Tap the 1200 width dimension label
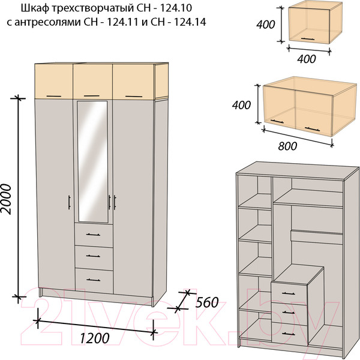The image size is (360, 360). click(x=94, y=338)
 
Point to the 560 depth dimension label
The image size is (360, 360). click(x=206, y=302)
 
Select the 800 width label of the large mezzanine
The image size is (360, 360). click(x=287, y=146)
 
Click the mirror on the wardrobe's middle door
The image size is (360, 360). click(x=92, y=161)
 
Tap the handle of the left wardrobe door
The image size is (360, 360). click(x=69, y=202)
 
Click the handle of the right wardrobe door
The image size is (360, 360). click(x=115, y=203)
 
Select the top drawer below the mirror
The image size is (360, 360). click(x=94, y=235)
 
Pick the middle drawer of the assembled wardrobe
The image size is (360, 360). click(x=94, y=257)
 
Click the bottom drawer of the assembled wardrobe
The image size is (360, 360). click(x=94, y=280)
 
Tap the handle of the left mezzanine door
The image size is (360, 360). click(x=54, y=96)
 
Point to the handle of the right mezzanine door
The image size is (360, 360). click(x=134, y=96)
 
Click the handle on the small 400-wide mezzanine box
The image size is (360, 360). click(x=308, y=39)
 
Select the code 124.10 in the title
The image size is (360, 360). click(x=175, y=8)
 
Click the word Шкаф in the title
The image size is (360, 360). click(x=35, y=8)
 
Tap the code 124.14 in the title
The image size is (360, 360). click(x=190, y=22)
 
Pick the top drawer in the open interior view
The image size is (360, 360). click(x=289, y=293)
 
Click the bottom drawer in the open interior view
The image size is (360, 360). click(x=290, y=333)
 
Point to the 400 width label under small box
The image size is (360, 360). click(x=307, y=59)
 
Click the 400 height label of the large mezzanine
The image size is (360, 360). click(x=241, y=105)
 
